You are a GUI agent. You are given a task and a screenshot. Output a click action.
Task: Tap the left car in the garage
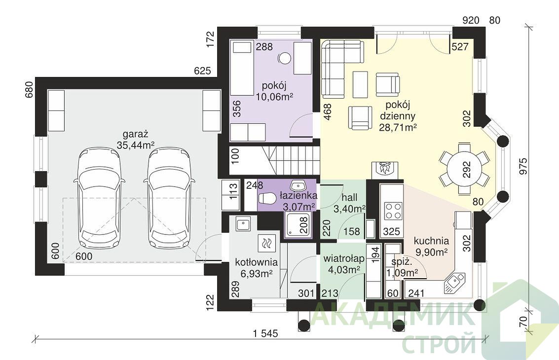[100, 199]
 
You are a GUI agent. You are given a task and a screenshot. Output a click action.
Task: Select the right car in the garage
[169, 199]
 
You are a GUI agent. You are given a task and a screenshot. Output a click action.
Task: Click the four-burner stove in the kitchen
[393, 211]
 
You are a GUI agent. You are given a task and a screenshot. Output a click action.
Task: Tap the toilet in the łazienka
[266, 199]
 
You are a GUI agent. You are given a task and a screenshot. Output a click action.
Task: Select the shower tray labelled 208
[298, 225]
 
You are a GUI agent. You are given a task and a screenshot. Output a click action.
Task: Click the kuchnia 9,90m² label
[431, 247]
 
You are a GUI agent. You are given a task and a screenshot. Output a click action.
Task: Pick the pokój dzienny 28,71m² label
[398, 116]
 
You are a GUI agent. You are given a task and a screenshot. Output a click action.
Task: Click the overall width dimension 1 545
[265, 334]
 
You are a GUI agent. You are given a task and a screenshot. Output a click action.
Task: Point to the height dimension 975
[523, 166]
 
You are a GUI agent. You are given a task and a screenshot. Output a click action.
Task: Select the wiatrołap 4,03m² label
[344, 264]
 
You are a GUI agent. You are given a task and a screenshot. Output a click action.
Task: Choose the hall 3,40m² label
[349, 203]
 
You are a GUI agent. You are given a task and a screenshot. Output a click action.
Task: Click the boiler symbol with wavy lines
[266, 244]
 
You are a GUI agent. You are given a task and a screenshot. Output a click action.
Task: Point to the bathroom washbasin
[298, 186]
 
